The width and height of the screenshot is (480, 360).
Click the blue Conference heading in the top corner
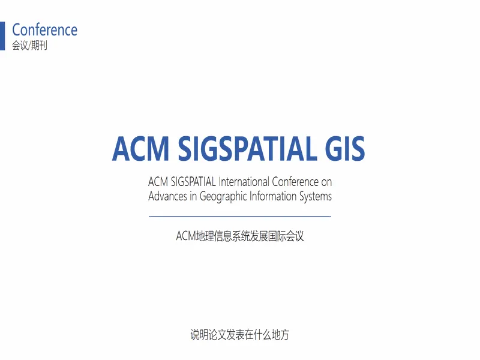[x=44, y=29]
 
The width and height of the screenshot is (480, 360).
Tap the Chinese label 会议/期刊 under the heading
[x=29, y=46]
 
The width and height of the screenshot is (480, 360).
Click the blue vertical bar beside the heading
[x=2, y=36]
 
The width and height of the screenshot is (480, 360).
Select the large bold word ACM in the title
[x=140, y=149]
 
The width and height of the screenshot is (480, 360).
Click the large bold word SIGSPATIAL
[x=247, y=149]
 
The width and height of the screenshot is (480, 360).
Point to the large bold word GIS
[x=345, y=149]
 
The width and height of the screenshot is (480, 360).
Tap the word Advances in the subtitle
[x=167, y=196]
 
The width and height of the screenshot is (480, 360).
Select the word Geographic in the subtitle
[x=223, y=197]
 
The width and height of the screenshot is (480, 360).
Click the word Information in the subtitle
[x=273, y=196]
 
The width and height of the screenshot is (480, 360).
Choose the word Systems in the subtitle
[x=316, y=197]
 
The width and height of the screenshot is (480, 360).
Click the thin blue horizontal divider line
[x=240, y=216]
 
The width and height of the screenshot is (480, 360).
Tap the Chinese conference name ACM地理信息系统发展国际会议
[x=240, y=236]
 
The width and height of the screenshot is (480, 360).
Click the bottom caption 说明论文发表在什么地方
[x=239, y=335]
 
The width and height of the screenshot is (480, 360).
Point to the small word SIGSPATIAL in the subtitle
[x=193, y=182]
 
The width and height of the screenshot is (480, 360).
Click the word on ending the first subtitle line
[x=326, y=183]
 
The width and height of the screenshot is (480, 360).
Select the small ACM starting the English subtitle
[x=158, y=182]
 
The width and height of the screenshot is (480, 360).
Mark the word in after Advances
[x=193, y=196]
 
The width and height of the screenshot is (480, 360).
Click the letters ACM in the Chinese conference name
[x=186, y=236]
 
